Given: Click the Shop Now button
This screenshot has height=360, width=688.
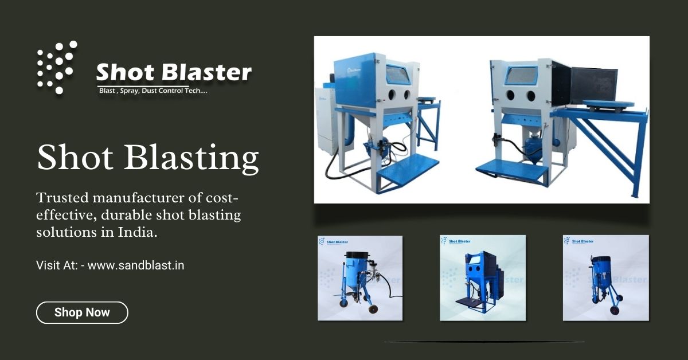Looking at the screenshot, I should tap(82, 312).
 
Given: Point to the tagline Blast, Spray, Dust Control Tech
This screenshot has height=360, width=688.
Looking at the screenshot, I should tap(150, 91).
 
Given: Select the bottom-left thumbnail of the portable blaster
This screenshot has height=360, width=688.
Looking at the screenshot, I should tap(360, 278).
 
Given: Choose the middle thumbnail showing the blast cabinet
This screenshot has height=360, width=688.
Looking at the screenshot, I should tap(483, 277).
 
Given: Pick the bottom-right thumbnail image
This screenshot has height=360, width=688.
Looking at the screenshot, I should tap(605, 277).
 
